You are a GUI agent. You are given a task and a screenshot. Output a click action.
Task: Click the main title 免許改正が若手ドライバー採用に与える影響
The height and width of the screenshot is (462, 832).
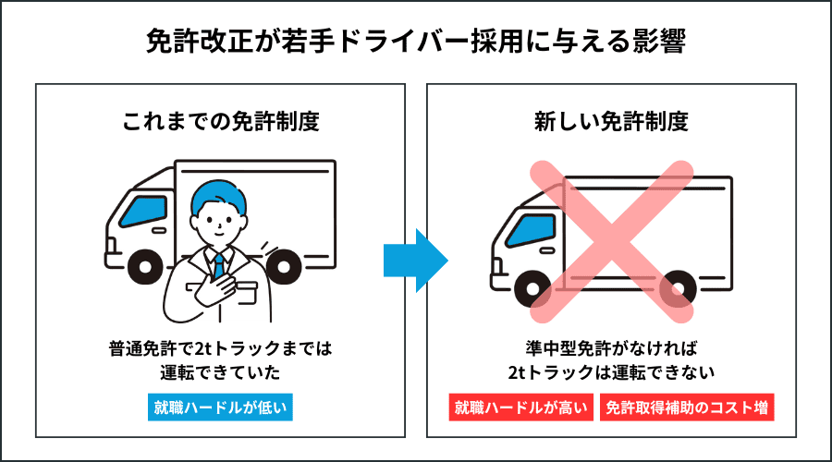coord(415,43)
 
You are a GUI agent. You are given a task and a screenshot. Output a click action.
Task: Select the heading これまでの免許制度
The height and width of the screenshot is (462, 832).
coord(220,121)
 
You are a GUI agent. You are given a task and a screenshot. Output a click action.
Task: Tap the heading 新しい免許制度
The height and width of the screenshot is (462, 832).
coord(611,121)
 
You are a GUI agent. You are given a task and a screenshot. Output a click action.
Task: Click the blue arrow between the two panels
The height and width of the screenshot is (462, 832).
coord(415,260)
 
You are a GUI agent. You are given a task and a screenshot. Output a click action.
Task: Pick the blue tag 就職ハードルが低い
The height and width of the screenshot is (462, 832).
coord(220,407)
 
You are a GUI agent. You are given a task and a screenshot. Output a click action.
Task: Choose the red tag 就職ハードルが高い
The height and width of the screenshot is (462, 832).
coord(520,407)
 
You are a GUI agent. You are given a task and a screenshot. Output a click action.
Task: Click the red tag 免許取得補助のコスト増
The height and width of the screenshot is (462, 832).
coord(686,407)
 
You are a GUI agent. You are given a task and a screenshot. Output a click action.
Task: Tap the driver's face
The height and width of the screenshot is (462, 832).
coord(218,222)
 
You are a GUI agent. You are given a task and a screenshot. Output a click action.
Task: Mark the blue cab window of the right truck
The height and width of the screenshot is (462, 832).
coord(530,231)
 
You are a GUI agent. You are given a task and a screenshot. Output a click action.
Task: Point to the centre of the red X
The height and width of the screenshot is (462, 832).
coord(611,240)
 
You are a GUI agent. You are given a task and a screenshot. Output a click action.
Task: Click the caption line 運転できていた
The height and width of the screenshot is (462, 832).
coord(220,371)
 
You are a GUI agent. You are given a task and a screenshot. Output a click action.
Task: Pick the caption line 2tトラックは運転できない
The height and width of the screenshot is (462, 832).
coord(611,371)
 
